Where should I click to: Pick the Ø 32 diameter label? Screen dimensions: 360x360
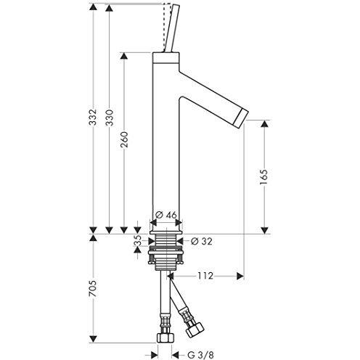coord(201,241)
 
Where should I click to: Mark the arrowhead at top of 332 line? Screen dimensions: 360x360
coord(94,8)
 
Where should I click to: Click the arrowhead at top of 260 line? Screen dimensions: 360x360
coord(126,55)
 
